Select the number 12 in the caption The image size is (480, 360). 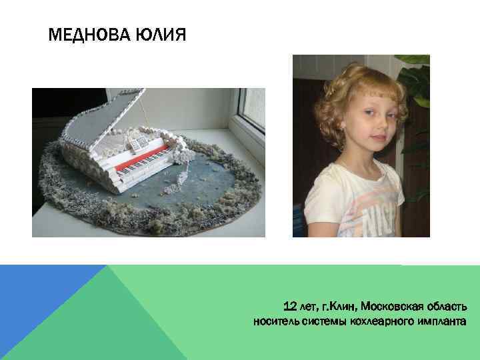pyautogui.click(x=290, y=307)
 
